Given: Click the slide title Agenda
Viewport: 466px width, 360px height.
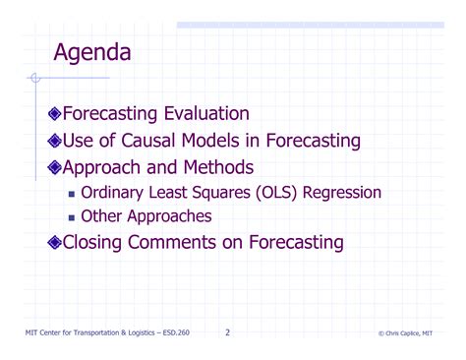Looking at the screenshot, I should (x=92, y=52).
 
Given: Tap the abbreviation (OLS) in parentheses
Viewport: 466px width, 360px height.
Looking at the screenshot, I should (x=284, y=192).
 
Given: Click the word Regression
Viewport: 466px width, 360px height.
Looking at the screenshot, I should (x=343, y=193).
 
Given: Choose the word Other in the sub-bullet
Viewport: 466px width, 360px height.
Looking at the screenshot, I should (x=101, y=216).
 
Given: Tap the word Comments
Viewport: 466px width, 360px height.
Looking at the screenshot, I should (x=185, y=242).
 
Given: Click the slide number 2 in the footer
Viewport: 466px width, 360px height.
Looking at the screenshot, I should (x=227, y=332).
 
